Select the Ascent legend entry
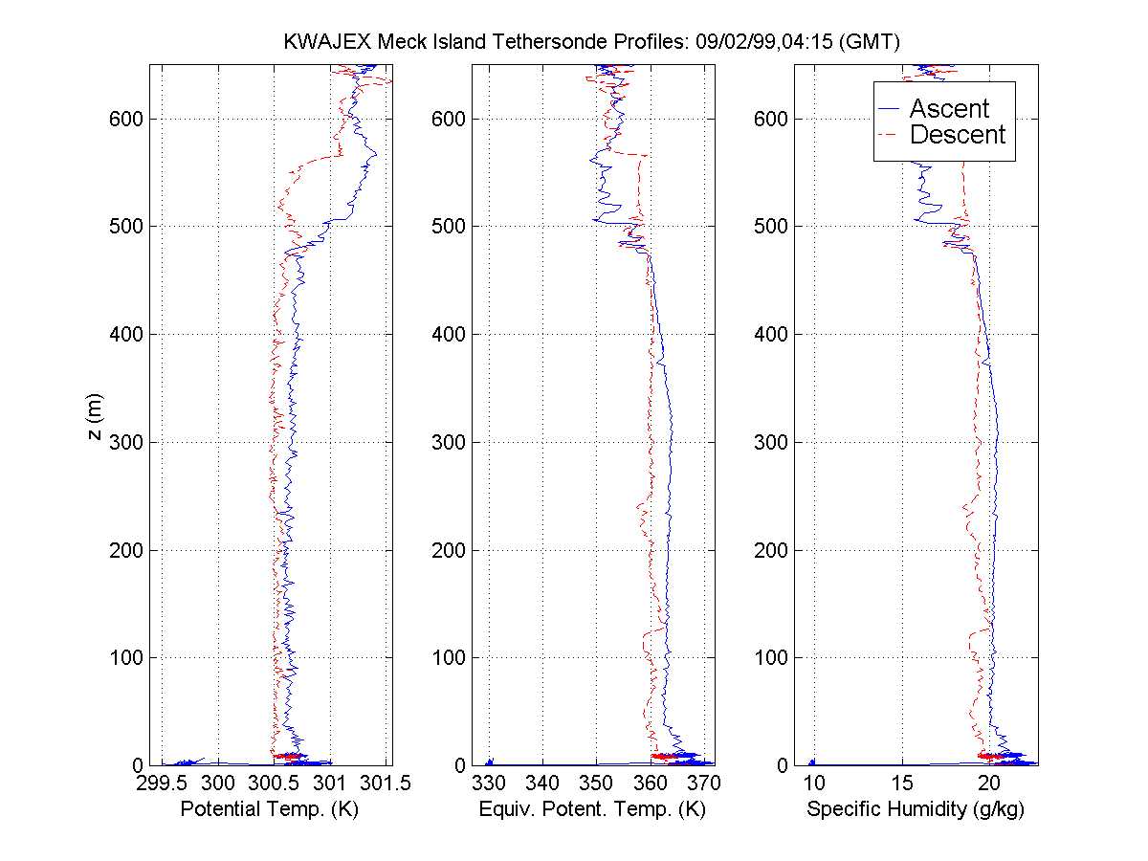click(948, 108)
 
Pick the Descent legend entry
click(957, 135)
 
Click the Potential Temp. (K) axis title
click(269, 809)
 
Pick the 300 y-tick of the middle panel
click(453, 442)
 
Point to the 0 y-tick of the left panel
click(137, 765)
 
